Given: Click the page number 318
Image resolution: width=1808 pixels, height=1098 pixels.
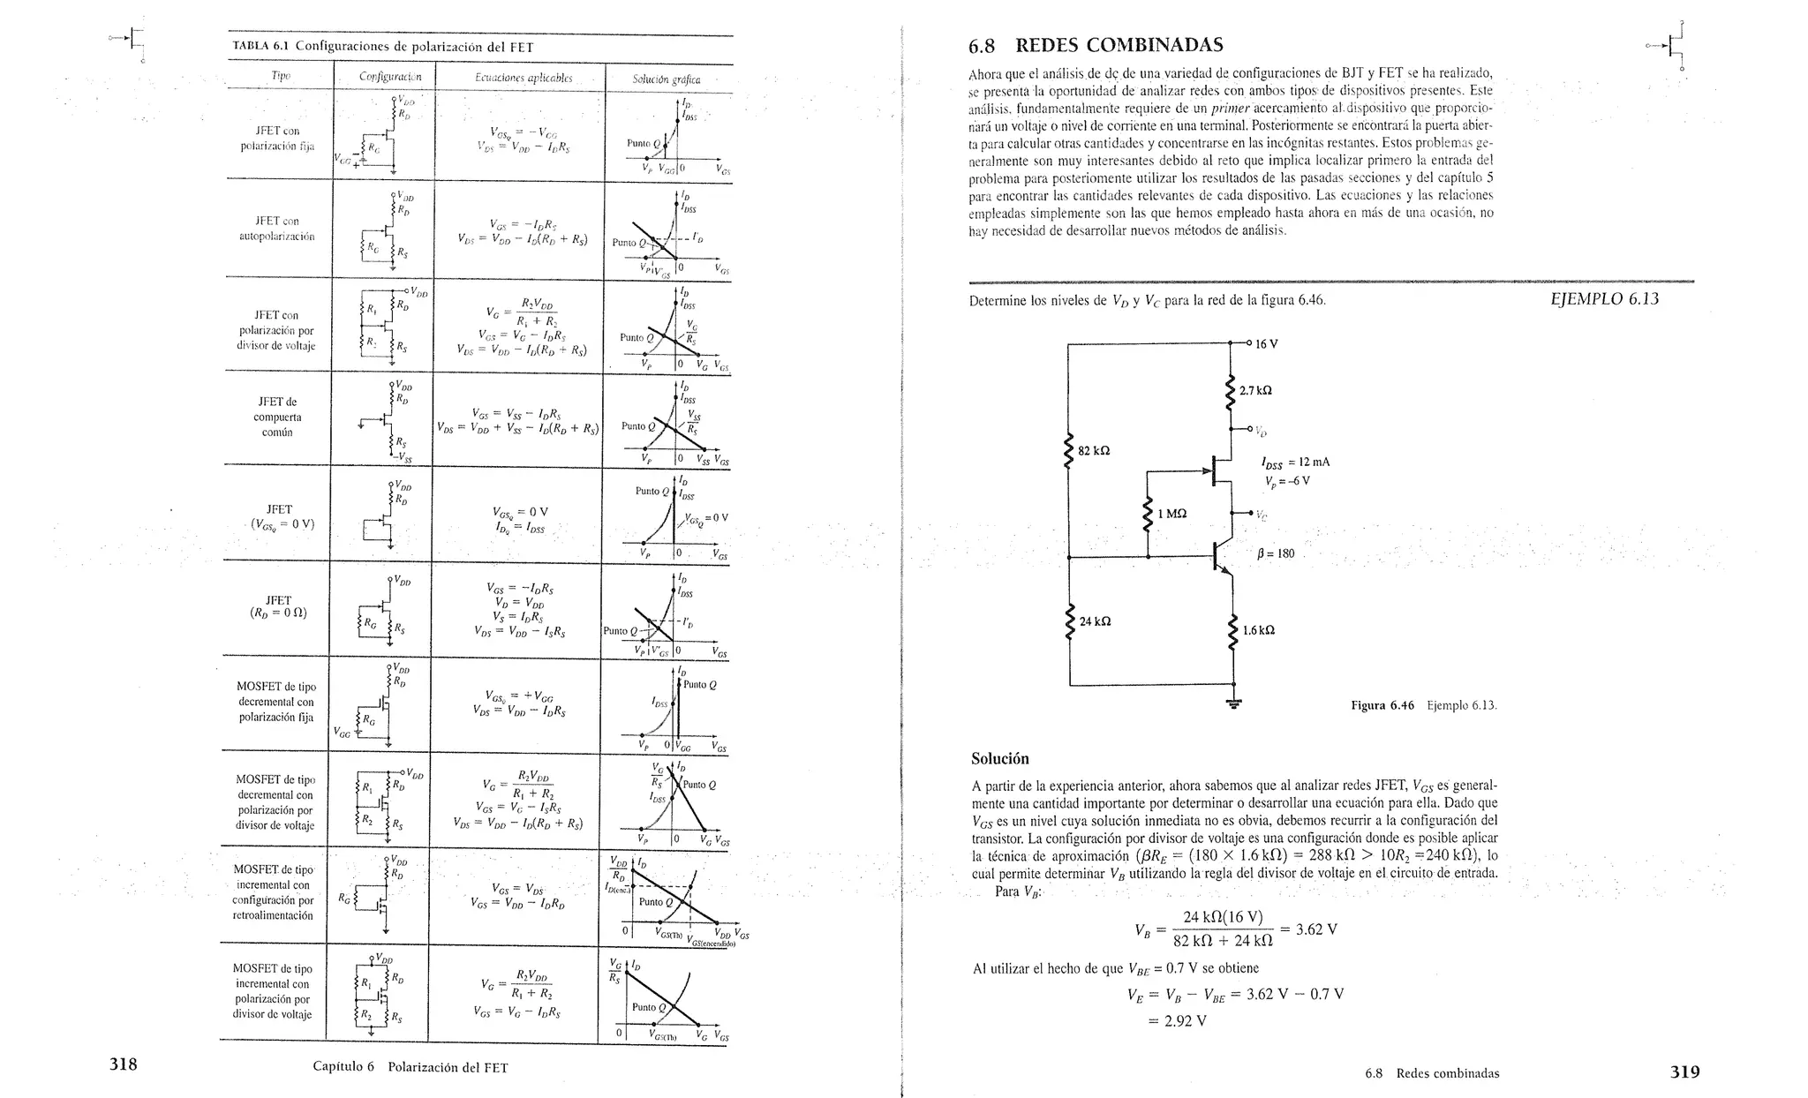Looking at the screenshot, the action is (123, 1064).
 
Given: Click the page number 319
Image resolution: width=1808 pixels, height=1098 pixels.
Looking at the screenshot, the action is (1684, 1072).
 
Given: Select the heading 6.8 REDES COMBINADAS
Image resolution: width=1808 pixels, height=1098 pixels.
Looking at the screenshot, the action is (1096, 45).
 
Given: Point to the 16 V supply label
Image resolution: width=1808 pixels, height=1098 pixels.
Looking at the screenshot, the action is (1266, 343).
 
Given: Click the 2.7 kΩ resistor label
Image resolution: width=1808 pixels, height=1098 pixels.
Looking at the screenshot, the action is (1255, 390).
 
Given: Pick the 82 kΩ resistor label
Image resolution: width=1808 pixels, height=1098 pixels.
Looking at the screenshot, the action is (1094, 451).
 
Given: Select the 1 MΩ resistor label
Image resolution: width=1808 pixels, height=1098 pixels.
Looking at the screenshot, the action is (1171, 514).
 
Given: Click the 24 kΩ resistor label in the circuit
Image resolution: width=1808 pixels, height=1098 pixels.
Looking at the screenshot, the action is (1095, 621).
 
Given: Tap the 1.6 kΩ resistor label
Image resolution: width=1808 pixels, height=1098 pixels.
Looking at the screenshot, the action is (1258, 630).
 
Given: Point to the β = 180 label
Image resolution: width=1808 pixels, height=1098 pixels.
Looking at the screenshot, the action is (1276, 554).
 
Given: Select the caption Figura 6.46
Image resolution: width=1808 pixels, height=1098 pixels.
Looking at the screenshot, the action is (1382, 705).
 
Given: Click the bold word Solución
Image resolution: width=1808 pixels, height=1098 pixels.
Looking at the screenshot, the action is (999, 758).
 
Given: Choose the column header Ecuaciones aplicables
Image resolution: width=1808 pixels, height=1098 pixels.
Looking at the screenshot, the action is (524, 78).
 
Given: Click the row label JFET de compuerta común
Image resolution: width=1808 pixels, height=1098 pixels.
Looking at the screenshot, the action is (277, 417).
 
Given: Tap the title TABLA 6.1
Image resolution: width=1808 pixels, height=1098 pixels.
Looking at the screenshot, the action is (262, 47).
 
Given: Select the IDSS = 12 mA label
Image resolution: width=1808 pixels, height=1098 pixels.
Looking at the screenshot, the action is (1295, 463).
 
